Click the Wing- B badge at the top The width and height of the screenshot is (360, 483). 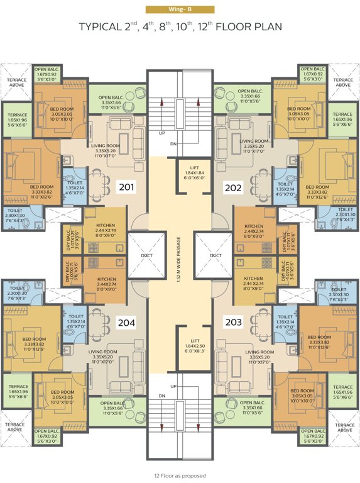coord(180,9)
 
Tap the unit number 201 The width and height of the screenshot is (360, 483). coord(127,186)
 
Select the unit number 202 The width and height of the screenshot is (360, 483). coord(233,187)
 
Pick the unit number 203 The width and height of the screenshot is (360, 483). coord(233,322)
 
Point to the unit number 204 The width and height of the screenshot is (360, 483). coord(127,323)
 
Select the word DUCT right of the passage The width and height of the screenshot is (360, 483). coord(215,255)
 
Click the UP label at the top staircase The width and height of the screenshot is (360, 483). coord(161,133)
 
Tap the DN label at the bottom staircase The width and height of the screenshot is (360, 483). coord(161,396)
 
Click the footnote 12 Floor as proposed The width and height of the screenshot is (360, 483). coord(180,475)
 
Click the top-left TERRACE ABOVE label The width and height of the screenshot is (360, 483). coord(16,83)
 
